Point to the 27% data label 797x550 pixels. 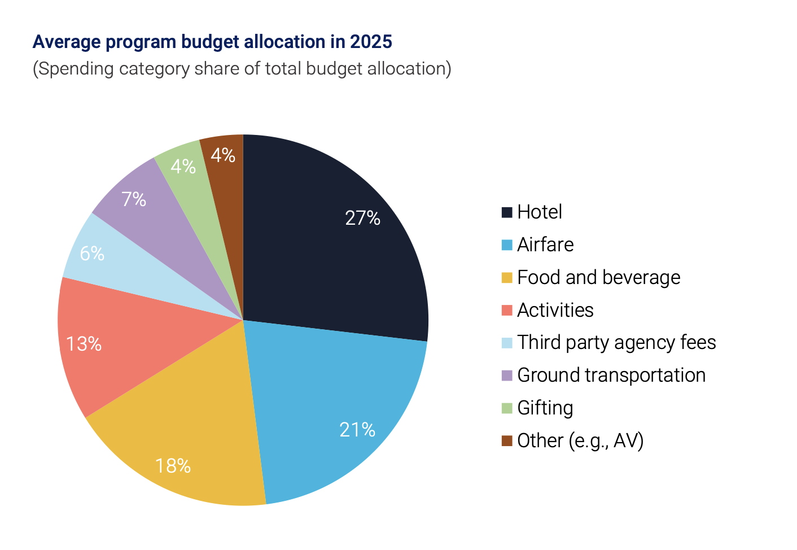point(362,218)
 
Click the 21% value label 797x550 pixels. point(357,430)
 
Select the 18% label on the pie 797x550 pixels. point(173,466)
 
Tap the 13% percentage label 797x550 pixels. point(84,344)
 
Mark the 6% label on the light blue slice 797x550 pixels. point(92,254)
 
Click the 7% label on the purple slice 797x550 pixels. point(134,199)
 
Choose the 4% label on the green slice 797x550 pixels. point(183,167)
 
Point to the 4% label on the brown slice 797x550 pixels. point(223,155)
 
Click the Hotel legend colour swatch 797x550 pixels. point(507,212)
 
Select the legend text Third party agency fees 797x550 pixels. point(616,343)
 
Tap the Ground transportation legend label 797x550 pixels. point(611,376)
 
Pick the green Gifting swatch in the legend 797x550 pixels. point(507,408)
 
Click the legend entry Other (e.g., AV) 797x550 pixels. point(580,440)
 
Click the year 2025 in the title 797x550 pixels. point(371,42)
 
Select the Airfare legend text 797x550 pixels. point(545,245)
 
